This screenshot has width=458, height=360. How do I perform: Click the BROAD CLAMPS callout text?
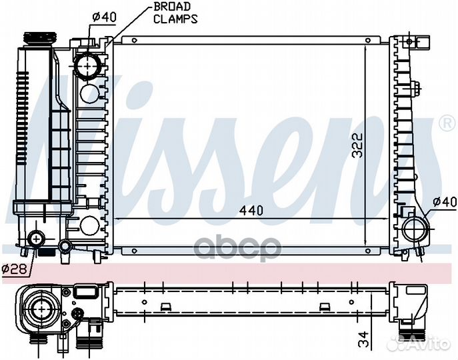tap(175, 13)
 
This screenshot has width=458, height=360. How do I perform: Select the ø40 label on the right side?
tap(443, 201)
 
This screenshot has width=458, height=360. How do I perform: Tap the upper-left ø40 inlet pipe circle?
tap(87, 65)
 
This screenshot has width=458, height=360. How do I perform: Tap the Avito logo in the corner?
tap(427, 344)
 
